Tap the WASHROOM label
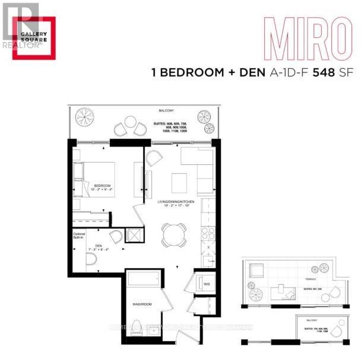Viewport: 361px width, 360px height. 142,304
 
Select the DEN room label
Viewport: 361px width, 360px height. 91,246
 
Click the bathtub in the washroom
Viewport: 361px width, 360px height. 144,279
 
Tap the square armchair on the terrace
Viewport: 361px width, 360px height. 256,273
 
